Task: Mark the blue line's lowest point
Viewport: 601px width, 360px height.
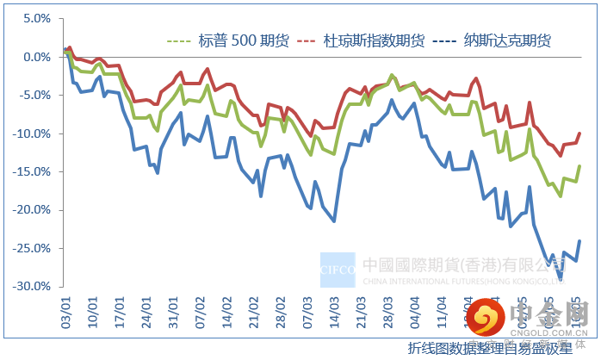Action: tap(561, 278)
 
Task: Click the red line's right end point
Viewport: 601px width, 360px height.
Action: tap(579, 133)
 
